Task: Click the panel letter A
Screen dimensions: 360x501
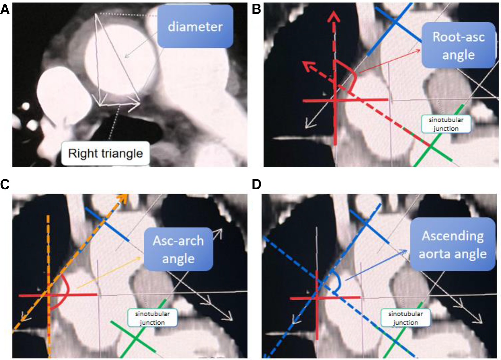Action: click(5, 9)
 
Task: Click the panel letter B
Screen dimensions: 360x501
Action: click(256, 9)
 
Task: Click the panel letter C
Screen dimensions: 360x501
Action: click(5, 184)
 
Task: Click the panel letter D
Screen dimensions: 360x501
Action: click(256, 184)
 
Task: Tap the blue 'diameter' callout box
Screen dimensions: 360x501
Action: click(195, 26)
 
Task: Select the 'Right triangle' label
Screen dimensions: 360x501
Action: click(105, 153)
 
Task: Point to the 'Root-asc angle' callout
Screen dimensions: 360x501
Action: click(458, 45)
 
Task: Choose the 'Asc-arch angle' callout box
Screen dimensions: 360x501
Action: click(178, 249)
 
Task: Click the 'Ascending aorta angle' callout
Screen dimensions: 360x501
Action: click(453, 244)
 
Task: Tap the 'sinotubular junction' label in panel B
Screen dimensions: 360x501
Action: click(446, 124)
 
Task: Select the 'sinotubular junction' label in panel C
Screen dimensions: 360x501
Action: click(152, 318)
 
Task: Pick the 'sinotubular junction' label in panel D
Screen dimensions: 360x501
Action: click(405, 318)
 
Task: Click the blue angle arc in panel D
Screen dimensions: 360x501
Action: click(338, 282)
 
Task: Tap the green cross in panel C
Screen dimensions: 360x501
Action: click(135, 338)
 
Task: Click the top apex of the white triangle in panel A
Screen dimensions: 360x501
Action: click(96, 14)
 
